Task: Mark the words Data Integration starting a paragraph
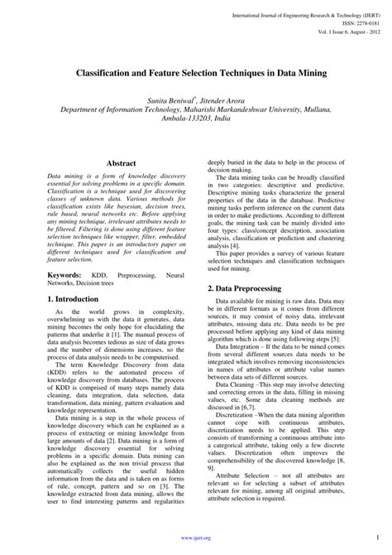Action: coord(241,349)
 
